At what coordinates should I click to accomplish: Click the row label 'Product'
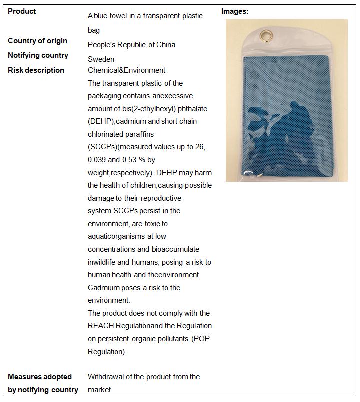click(x=22, y=11)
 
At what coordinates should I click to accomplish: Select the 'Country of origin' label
click(x=37, y=41)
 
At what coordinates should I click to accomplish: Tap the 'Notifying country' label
click(x=38, y=55)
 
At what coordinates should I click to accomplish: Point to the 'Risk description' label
click(x=36, y=70)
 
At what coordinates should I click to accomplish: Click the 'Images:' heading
click(x=235, y=11)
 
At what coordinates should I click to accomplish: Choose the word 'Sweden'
click(x=101, y=59)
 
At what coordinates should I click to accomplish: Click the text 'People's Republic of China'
click(x=131, y=45)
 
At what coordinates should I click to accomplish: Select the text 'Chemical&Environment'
click(x=126, y=70)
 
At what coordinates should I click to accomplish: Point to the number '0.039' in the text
click(x=99, y=160)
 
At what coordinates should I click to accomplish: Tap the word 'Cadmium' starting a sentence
click(x=104, y=288)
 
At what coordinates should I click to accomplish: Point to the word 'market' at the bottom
click(x=99, y=390)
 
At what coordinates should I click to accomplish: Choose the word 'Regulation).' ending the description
click(x=107, y=352)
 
